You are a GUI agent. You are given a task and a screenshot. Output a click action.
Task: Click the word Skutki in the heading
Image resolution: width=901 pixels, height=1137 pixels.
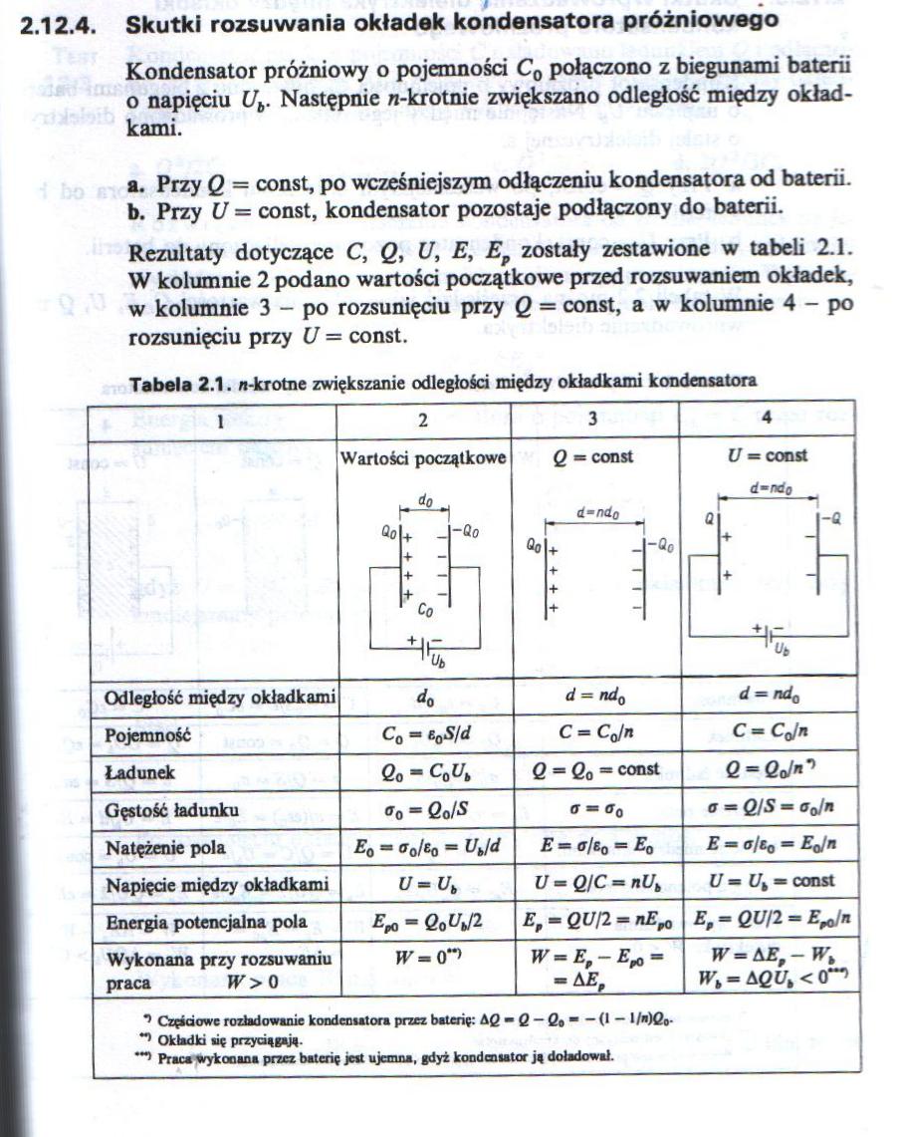click(161, 21)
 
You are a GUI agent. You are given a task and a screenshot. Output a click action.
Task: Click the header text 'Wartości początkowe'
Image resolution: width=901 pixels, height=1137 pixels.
click(423, 457)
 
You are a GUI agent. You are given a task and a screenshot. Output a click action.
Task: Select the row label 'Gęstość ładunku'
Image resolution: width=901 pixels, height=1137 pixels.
click(171, 809)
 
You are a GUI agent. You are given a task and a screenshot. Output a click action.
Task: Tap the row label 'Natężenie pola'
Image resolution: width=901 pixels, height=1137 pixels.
click(164, 848)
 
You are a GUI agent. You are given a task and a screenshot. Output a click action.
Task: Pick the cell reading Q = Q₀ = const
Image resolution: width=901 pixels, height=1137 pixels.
click(596, 770)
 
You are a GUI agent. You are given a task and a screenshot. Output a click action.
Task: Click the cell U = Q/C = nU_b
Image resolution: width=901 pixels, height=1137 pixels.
click(595, 883)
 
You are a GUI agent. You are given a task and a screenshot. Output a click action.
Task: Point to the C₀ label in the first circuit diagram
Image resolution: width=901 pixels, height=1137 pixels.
click(426, 609)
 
